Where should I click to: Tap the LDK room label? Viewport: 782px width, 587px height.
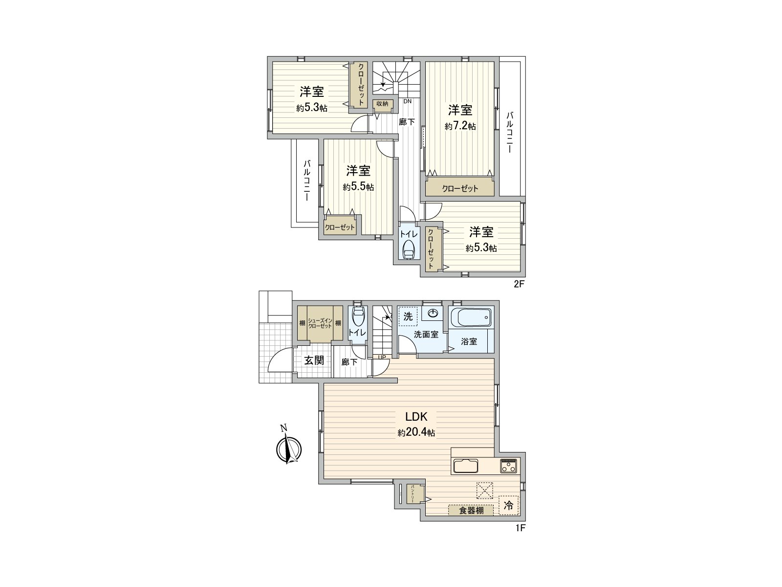point(416,417)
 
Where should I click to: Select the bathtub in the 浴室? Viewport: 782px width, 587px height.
point(471,317)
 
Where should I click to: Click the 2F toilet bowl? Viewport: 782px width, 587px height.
point(408,249)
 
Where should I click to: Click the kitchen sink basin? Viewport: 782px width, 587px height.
point(466,466)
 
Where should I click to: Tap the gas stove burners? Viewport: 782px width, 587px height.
point(508,466)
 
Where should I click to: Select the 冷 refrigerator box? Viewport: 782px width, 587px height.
point(509,506)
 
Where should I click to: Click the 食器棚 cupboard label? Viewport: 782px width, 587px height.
point(471,510)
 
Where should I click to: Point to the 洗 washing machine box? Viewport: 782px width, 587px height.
point(408,316)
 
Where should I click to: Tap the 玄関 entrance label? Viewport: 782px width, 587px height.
point(314,361)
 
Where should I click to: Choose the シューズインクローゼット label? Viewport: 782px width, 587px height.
point(320,323)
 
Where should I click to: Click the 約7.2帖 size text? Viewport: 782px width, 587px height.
point(460,126)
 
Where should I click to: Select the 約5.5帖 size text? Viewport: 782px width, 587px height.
point(358,187)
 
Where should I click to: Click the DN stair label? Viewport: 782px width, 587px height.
point(408,101)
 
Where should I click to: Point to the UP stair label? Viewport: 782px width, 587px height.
point(382,358)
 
